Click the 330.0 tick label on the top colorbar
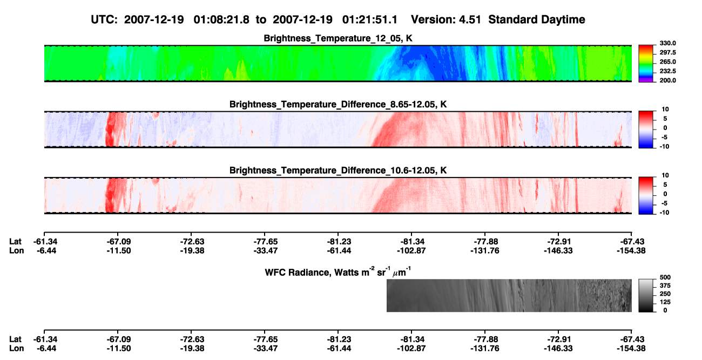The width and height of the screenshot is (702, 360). [667, 43]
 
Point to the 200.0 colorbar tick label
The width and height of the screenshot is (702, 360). [667, 80]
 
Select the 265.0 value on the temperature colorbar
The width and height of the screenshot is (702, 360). [667, 62]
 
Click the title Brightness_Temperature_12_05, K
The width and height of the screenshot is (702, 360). [338, 38]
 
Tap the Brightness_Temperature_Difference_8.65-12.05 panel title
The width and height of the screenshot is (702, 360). [338, 104]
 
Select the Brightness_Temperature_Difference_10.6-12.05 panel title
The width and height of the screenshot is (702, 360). [338, 171]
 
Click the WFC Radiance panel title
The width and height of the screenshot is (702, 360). [338, 272]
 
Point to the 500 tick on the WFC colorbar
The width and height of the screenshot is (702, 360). [665, 277]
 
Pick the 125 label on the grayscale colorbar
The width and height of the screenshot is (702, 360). [665, 302]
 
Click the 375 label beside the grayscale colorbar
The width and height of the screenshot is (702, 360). [665, 286]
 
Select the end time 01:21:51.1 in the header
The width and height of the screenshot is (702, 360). [370, 19]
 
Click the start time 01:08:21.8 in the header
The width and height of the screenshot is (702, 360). [221, 19]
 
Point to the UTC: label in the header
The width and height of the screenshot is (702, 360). [104, 19]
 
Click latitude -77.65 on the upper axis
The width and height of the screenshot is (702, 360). [265, 242]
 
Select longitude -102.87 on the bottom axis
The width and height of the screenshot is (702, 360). [411, 349]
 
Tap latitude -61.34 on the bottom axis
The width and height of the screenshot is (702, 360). [45, 339]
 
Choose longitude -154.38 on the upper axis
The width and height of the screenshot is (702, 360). [631, 250]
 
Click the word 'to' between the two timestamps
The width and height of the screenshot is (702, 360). [261, 20]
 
